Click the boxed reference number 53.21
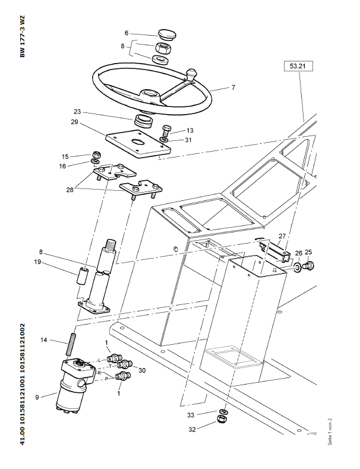tap(298, 67)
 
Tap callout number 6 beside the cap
tap(127, 33)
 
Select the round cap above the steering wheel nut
tap(164, 33)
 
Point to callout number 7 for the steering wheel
tap(233, 87)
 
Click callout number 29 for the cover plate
tap(75, 122)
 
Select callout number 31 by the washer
tap(188, 140)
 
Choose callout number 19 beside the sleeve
tap(54, 261)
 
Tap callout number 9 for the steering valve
tap(38, 398)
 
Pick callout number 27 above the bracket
tap(282, 236)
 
